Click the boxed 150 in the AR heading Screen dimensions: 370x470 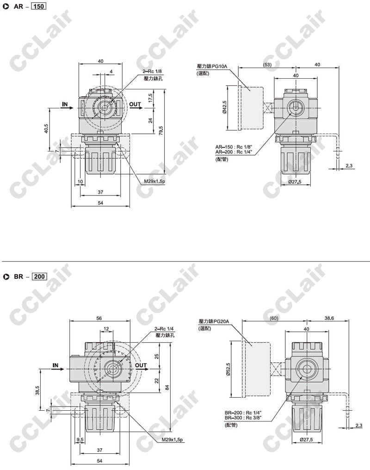(x=38, y=6)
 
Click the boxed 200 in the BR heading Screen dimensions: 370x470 (x=39, y=276)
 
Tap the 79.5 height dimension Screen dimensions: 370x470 (x=161, y=131)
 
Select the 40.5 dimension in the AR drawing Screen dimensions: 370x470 (x=46, y=129)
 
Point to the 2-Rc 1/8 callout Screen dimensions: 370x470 (x=152, y=71)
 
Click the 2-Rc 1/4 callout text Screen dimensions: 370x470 (x=164, y=329)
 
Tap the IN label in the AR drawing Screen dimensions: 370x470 (x=65, y=104)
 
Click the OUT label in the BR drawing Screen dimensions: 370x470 (x=141, y=365)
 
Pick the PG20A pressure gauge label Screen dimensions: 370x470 (x=214, y=321)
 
